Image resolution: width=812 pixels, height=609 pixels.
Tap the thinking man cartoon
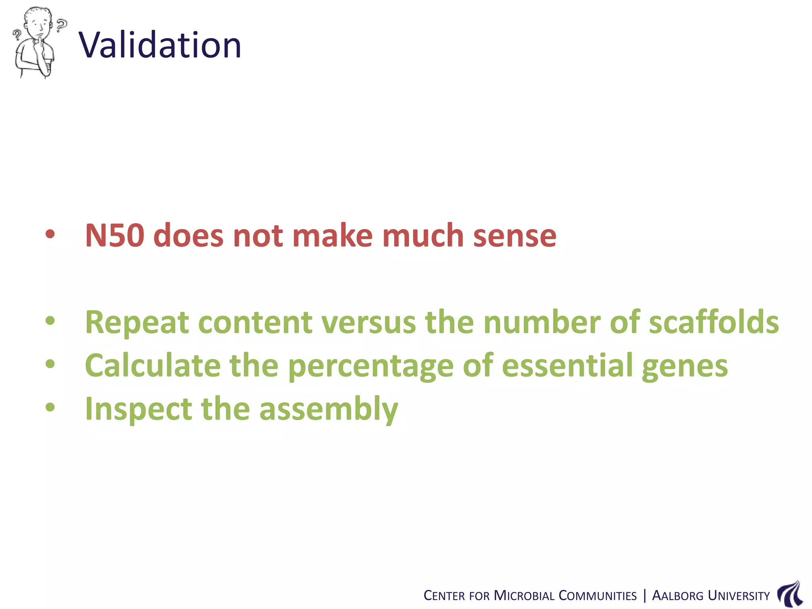(36, 42)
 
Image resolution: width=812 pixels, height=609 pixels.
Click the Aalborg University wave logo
(790, 594)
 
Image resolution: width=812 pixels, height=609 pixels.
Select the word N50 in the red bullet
(115, 236)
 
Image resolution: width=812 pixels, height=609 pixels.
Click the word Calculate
(153, 365)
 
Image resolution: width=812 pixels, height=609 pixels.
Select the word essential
(567, 365)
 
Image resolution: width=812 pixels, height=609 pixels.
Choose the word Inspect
(138, 410)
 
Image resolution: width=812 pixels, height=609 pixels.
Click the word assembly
(329, 410)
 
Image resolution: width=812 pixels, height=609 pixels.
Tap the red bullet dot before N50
(50, 234)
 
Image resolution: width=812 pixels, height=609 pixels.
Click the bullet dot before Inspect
(50, 407)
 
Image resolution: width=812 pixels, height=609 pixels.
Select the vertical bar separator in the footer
(644, 596)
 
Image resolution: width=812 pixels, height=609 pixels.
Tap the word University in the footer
(738, 596)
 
